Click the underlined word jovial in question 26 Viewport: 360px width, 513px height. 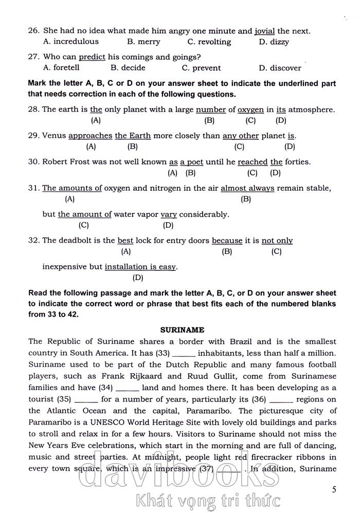(265, 31)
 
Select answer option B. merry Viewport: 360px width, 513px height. (143, 42)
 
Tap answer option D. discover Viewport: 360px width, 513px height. (280, 68)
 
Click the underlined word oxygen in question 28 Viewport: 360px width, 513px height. (250, 109)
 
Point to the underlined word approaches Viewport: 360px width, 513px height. (90, 136)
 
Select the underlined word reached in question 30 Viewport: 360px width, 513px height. (253, 162)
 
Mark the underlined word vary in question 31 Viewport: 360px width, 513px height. (169, 214)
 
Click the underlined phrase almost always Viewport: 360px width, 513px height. (247, 188)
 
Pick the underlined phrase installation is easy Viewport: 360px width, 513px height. (140, 267)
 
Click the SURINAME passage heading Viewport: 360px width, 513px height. (183, 329)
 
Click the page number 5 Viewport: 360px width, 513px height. (334, 489)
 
